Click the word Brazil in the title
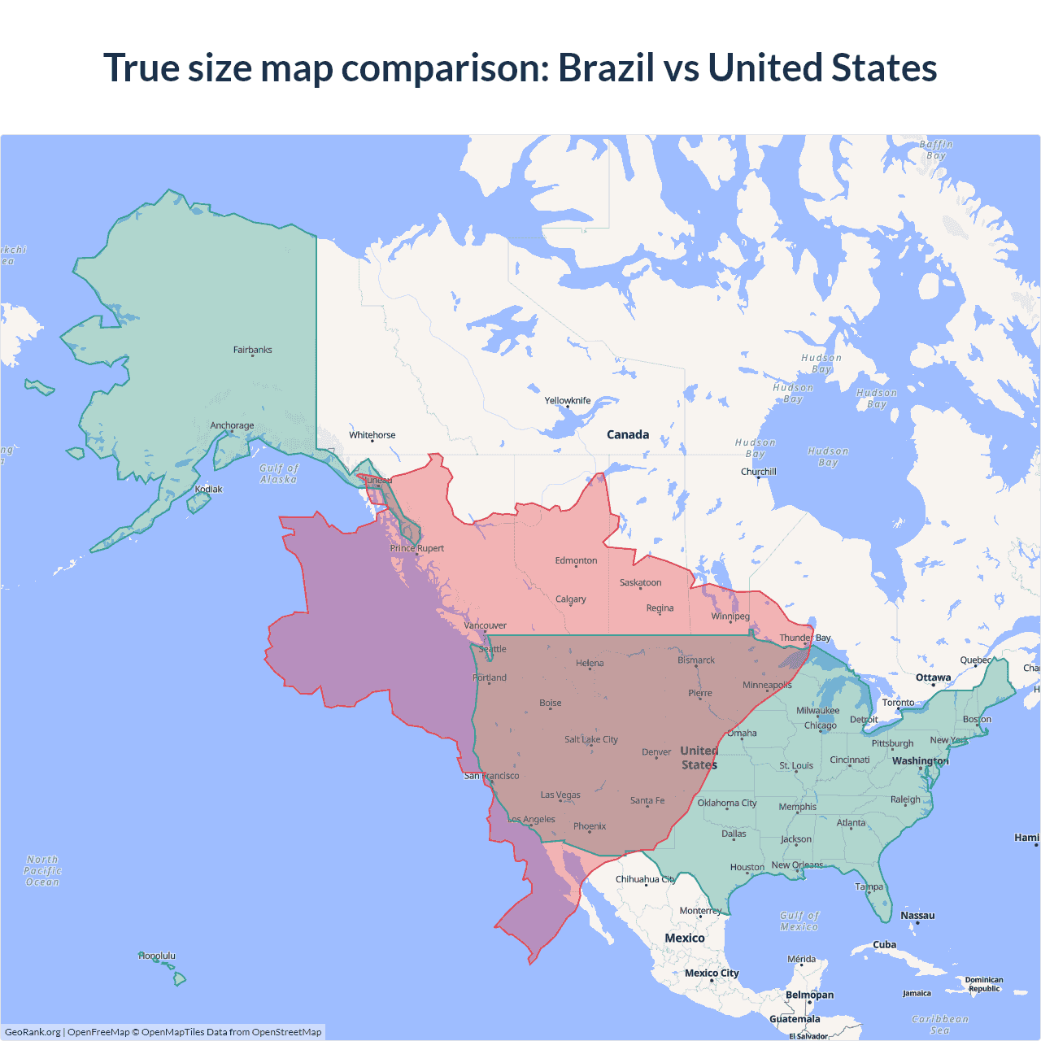pyautogui.click(x=606, y=68)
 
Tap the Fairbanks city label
pyautogui.click(x=252, y=350)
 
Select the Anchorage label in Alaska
pyautogui.click(x=232, y=425)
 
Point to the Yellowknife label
pyautogui.click(x=568, y=400)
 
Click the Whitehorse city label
pyautogui.click(x=372, y=435)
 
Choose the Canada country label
pyautogui.click(x=628, y=434)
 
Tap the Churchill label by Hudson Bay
pyautogui.click(x=759, y=472)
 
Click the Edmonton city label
pyautogui.click(x=576, y=560)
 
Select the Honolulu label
pyautogui.click(x=157, y=956)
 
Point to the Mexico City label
pyautogui.click(x=712, y=973)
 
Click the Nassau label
pyautogui.click(x=917, y=915)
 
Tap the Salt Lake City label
pyautogui.click(x=591, y=739)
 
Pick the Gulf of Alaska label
pyautogui.click(x=279, y=473)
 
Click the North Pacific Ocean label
pyautogui.click(x=42, y=870)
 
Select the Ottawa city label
pyautogui.click(x=933, y=677)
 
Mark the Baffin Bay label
pyautogui.click(x=936, y=150)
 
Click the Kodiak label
pyautogui.click(x=208, y=489)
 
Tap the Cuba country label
pyautogui.click(x=884, y=944)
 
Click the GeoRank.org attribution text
pyautogui.click(x=33, y=1032)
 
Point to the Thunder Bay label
pyautogui.click(x=805, y=638)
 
